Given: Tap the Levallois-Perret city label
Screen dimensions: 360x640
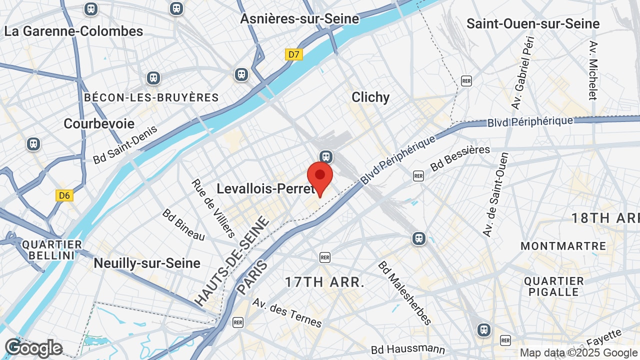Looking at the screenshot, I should coord(265,188).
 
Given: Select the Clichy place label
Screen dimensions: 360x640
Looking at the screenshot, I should coord(370,97).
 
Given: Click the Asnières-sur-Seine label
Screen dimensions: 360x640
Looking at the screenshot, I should coord(299,19).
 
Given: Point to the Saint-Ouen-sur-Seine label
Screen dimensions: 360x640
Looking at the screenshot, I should coord(533,23).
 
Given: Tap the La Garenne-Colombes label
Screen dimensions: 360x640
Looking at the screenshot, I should coord(73,31).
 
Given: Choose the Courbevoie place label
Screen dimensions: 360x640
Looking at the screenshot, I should coord(99,123).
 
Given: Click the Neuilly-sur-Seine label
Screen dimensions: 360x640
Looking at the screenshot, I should coord(147,263).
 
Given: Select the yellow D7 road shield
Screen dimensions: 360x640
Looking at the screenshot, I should coord(293,54).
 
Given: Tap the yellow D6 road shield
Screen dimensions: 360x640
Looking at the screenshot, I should coord(64,195).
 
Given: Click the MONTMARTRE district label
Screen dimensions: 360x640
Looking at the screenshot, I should coord(563,246).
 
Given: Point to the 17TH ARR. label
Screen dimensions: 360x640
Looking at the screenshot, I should coord(325,282).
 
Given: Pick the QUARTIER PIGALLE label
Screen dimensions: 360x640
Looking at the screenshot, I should coord(554,286).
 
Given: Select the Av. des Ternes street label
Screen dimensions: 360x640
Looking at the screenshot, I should coord(287,313).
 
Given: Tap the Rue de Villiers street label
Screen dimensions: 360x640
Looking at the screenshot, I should coord(213,208).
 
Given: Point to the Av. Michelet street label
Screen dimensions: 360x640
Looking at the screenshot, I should coord(593,70).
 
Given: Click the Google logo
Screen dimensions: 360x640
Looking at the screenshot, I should coord(33,348).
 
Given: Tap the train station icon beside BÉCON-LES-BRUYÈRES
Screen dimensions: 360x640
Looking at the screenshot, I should coord(153,78).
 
